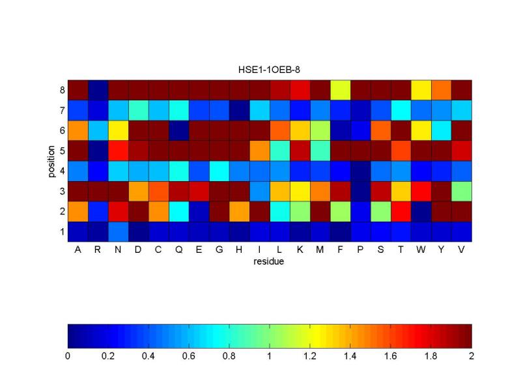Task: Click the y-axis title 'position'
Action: pyautogui.click(x=51, y=160)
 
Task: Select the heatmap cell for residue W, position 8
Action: pyautogui.click(x=421, y=89)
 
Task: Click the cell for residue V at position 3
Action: pyautogui.click(x=462, y=191)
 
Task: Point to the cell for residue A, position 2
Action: pyautogui.click(x=78, y=211)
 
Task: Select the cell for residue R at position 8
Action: pyautogui.click(x=98, y=89)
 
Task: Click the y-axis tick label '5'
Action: pyautogui.click(x=62, y=151)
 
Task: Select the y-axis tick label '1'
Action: pyautogui.click(x=62, y=231)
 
